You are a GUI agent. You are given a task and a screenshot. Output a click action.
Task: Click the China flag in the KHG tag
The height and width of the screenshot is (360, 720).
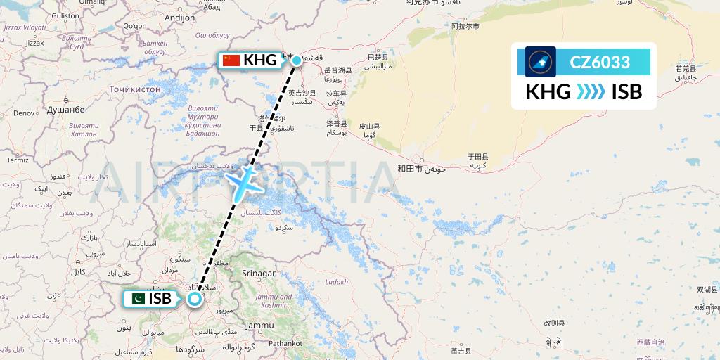tap(231, 60)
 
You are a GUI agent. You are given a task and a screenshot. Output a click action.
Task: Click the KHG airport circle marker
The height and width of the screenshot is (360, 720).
tap(297, 60)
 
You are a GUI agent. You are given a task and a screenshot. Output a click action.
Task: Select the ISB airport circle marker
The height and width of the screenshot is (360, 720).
tap(194, 299)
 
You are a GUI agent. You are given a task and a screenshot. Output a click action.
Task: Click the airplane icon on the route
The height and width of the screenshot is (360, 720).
tap(244, 182)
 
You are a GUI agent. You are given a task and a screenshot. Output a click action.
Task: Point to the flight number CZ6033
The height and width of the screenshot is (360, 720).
tap(599, 62)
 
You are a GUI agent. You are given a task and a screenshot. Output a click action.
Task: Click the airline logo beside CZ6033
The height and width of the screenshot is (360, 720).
tap(540, 62)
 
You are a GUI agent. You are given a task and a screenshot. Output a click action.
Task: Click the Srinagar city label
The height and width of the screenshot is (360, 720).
tap(257, 273)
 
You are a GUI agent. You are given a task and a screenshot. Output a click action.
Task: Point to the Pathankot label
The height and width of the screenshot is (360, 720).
tap(285, 343)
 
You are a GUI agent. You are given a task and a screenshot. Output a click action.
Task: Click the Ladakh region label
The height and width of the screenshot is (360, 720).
tap(336, 282)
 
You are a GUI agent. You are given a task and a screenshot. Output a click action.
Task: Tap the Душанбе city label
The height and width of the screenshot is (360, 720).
tap(65, 110)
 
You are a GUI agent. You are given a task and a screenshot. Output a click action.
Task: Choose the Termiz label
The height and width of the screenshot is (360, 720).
tap(17, 160)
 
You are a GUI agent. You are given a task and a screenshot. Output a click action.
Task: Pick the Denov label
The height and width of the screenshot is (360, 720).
tap(24, 112)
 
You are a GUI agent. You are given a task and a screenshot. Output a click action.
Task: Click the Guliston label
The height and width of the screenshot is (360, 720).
tap(66, 15)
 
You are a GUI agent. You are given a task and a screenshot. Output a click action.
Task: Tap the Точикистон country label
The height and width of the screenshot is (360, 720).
tap(135, 89)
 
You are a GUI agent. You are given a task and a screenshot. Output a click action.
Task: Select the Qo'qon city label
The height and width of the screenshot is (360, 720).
tap(134, 26)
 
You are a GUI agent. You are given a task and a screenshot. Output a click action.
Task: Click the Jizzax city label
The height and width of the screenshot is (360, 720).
tap(34, 43)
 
